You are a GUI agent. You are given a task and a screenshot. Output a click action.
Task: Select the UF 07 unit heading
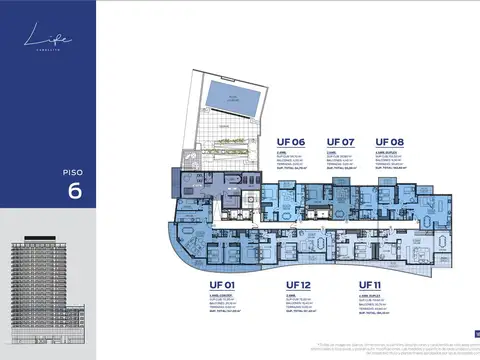click(341, 143)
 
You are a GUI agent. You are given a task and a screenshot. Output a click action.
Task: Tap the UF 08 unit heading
click(390, 143)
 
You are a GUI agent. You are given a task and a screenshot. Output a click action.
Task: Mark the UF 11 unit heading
click(374, 285)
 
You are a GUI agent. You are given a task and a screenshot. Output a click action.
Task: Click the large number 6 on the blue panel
click(47, 192)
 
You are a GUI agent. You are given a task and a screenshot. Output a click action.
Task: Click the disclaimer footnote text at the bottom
click(401, 347)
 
